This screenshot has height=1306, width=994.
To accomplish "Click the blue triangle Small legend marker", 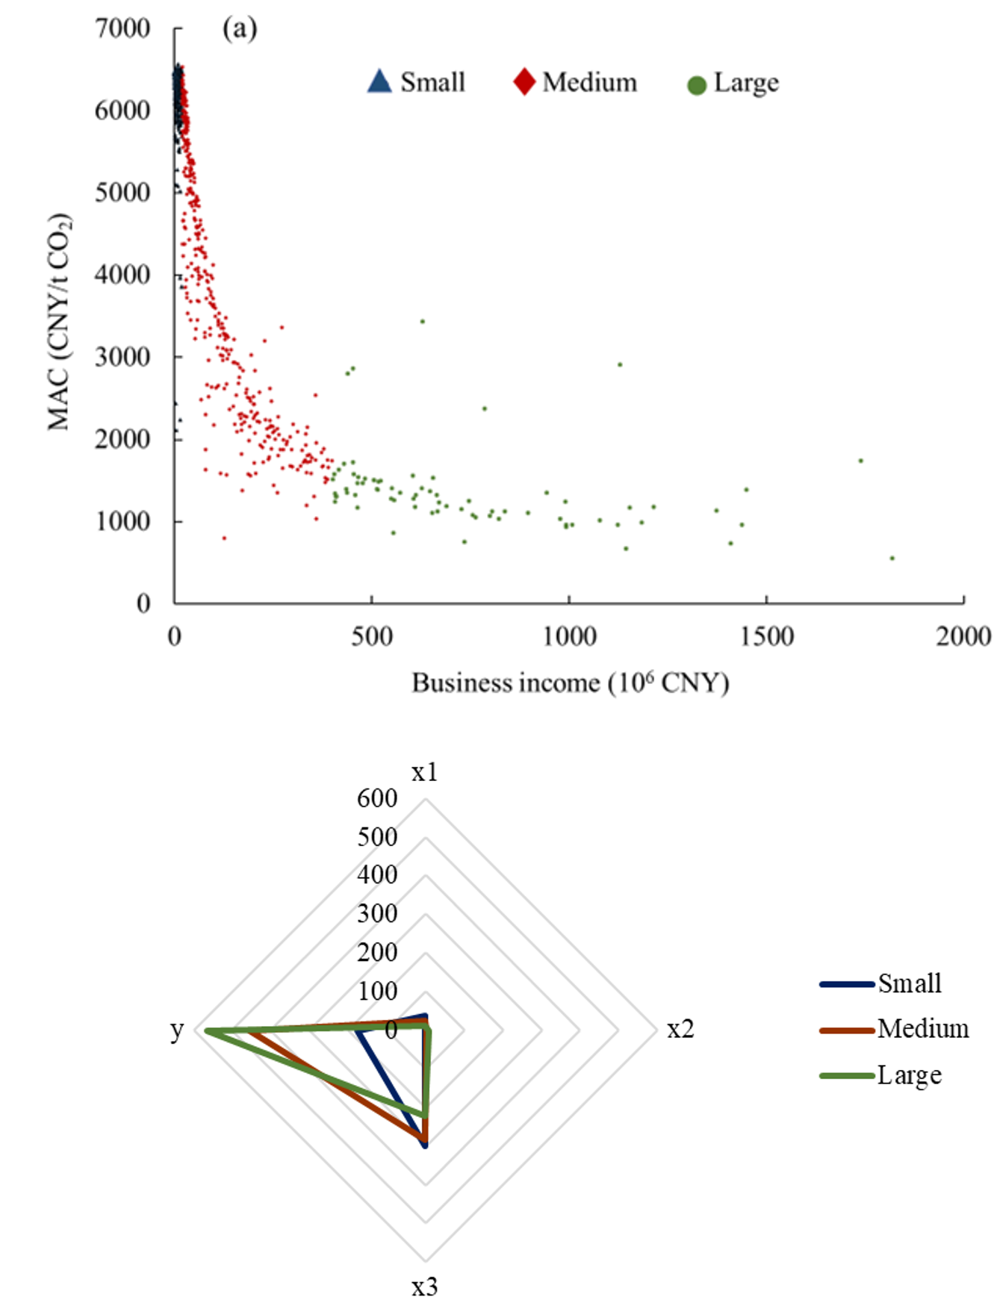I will pos(379,81).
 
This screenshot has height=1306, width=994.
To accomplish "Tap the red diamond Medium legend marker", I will pos(524,81).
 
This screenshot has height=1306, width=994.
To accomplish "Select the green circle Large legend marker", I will pos(696,86).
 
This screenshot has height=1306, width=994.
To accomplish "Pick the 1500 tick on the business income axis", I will pos(766,637).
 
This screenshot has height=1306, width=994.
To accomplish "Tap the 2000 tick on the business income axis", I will pos(963,637).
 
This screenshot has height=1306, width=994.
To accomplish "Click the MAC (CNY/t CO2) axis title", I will pos(59,322).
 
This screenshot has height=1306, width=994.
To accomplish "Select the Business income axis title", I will pos(570,683).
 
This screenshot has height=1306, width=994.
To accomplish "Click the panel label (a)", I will pos(240,28).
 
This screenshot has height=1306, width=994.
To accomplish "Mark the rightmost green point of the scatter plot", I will pos(892,558).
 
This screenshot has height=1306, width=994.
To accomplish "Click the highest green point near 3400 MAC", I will pos(423,321).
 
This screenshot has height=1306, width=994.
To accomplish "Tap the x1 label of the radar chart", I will pos(425,772).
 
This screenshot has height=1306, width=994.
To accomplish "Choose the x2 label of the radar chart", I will pos(680,1029).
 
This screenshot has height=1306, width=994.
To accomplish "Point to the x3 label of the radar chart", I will pos(425,1287).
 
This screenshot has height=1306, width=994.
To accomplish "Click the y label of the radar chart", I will pos(177,1030).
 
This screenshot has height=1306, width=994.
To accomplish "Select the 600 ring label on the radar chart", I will pos(377,798).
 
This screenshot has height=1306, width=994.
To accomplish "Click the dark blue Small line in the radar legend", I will pos(847,984).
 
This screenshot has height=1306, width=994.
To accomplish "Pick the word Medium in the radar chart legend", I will pos(923,1029).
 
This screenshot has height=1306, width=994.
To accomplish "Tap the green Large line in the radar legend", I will pos(847,1076).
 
